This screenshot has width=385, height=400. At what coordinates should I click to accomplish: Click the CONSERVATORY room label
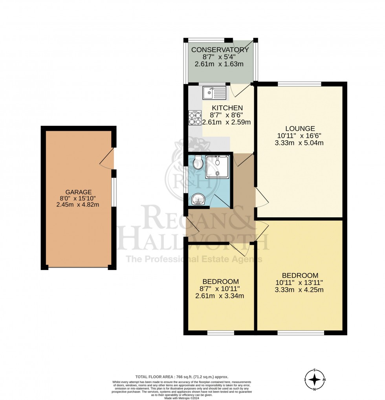[x=220, y=50]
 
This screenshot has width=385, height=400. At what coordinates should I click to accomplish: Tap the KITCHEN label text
[x=227, y=108]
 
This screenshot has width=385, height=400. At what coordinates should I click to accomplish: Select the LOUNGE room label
[x=300, y=128]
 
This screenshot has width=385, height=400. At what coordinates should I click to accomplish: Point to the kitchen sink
[x=214, y=93]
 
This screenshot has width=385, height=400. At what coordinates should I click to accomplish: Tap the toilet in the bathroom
[x=198, y=162]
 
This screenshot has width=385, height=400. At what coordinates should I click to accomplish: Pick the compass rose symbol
[x=315, y=380]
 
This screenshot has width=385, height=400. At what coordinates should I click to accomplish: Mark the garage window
[x=114, y=192]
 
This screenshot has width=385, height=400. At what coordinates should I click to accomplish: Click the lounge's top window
[x=299, y=83]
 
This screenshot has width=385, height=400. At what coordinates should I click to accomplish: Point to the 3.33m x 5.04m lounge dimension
[x=300, y=143]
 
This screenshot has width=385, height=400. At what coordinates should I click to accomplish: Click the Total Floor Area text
[x=181, y=376]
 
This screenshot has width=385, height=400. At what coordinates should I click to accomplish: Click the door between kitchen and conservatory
[x=238, y=90]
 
